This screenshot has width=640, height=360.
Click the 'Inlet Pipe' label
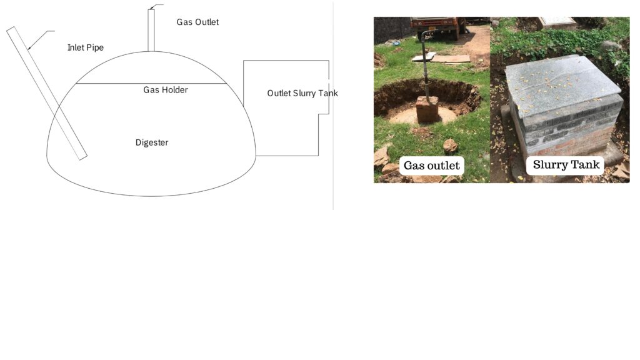(x=85, y=47)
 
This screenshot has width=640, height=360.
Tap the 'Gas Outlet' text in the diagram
(x=197, y=22)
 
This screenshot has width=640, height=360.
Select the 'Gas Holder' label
(x=165, y=90)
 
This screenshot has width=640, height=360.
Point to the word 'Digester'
(x=152, y=142)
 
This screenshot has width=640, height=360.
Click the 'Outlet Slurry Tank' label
(x=302, y=93)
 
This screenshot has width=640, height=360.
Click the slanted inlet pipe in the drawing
(x=47, y=94)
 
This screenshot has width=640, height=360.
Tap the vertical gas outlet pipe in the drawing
(x=151, y=31)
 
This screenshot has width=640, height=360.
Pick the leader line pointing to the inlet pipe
(x=41, y=39)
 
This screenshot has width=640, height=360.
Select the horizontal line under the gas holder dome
(x=151, y=84)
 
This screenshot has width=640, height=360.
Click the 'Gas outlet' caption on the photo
(x=432, y=165)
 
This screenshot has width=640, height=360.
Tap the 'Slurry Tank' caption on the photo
(x=566, y=164)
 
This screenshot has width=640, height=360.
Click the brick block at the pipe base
(x=427, y=109)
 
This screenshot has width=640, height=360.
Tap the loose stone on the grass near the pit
(x=450, y=145)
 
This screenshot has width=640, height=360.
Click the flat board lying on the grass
(x=450, y=59)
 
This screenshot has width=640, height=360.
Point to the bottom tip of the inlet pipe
(x=83, y=158)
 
